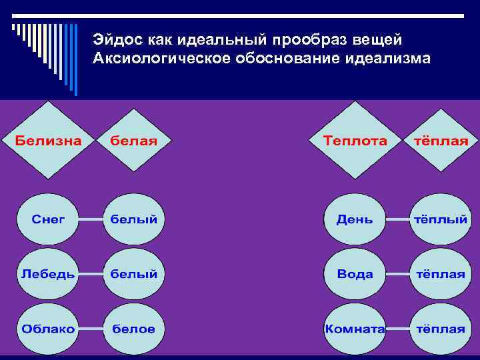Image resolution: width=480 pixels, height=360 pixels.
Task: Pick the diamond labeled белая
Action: (x=134, y=141)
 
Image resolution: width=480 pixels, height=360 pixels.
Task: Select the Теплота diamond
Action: (x=355, y=141)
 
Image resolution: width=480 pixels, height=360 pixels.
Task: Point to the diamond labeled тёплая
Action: (x=441, y=141)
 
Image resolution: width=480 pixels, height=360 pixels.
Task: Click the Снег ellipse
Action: (x=49, y=219)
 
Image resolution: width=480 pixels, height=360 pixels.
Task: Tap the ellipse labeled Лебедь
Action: (x=49, y=274)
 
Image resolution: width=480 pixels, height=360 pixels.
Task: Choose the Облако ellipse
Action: (x=49, y=329)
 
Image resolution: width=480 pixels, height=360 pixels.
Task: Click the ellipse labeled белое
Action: (x=134, y=329)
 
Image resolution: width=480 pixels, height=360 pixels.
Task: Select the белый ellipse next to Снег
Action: (x=134, y=219)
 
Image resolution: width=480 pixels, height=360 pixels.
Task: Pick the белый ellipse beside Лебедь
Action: (x=134, y=274)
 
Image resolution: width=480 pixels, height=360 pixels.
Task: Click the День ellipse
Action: (x=355, y=219)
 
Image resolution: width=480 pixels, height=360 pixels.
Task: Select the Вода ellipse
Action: (x=355, y=274)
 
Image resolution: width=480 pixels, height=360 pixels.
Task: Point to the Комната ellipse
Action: (x=355, y=329)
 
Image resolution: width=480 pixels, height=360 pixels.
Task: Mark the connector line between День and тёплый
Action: (x=399, y=219)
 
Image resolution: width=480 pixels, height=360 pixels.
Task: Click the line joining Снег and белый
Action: (x=91, y=219)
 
